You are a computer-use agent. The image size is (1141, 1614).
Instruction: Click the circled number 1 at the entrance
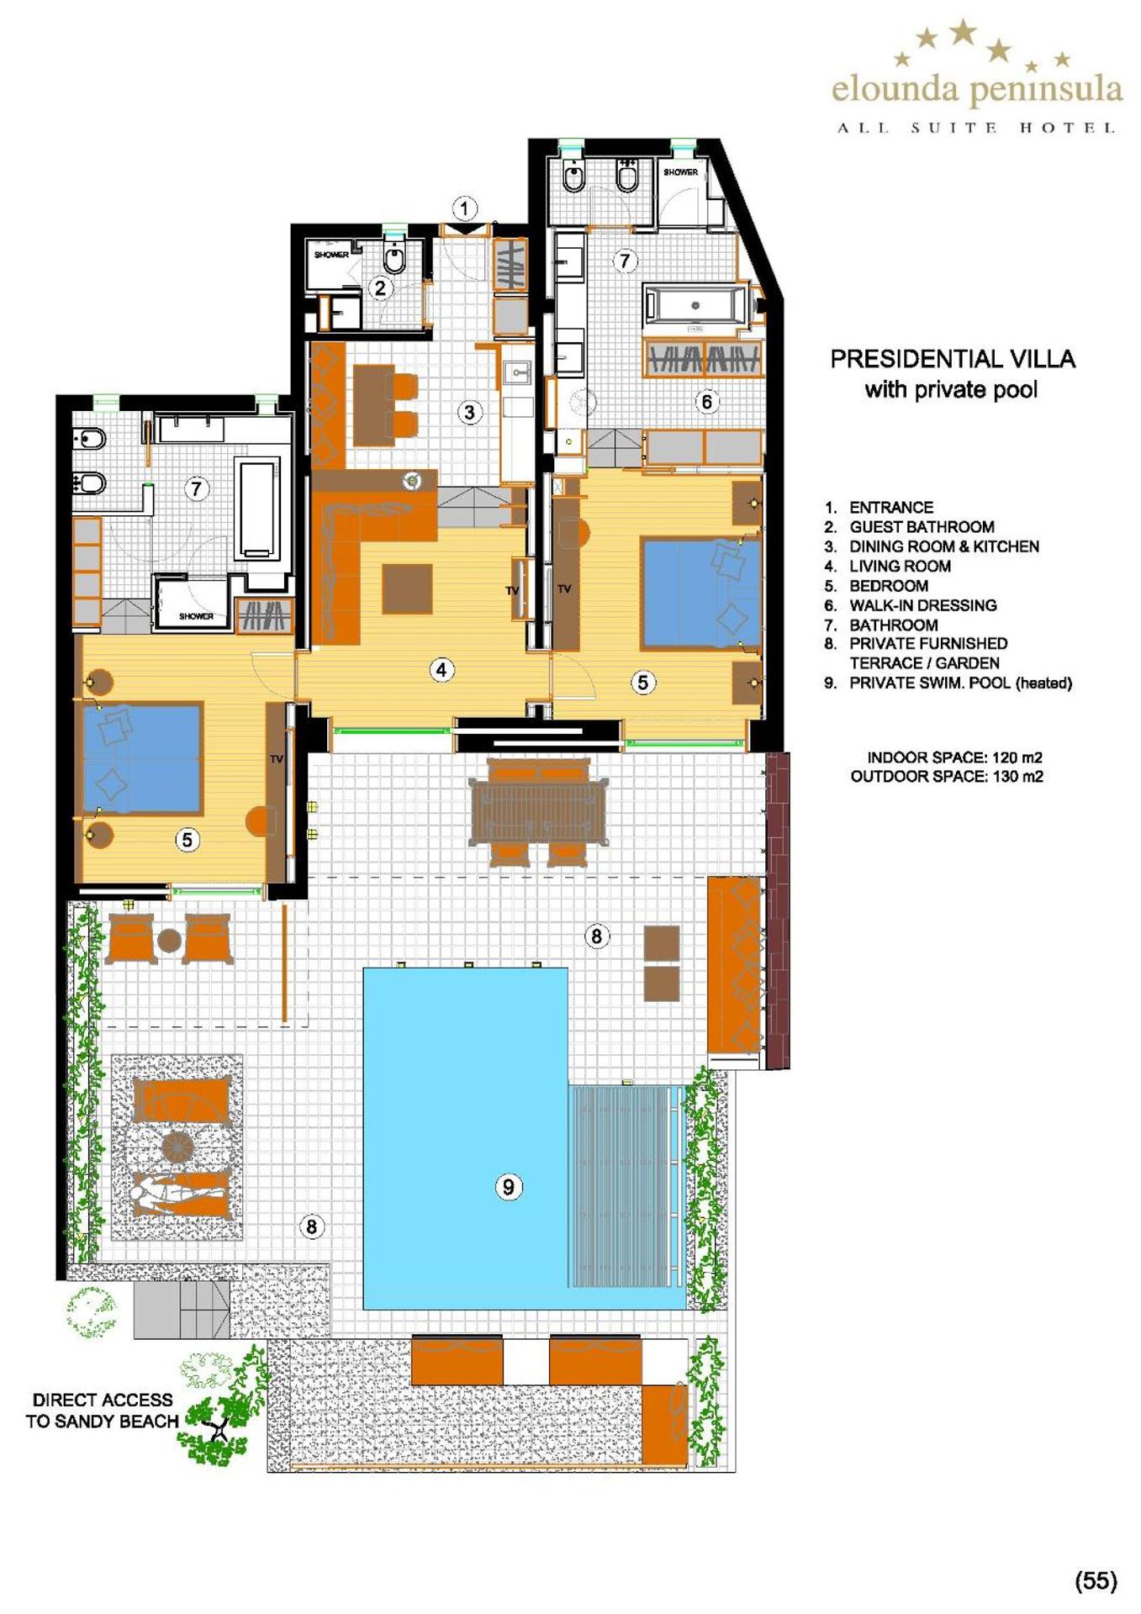(x=465, y=208)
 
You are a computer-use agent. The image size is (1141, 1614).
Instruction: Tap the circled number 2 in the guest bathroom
(x=380, y=288)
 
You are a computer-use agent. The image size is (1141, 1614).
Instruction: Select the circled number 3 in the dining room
(x=469, y=412)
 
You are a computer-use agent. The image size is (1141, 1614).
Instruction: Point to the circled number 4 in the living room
(x=441, y=670)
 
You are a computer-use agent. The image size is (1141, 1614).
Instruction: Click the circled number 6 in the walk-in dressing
(x=707, y=402)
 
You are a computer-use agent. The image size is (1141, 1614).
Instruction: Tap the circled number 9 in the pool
(x=508, y=1187)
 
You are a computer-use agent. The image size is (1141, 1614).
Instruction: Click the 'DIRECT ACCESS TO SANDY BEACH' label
(x=103, y=1411)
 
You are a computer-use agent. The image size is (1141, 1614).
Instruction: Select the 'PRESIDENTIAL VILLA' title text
(x=953, y=359)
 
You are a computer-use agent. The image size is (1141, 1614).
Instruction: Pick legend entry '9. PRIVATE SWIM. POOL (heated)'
(x=948, y=683)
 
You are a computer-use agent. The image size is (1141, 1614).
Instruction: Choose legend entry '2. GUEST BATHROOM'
(x=910, y=527)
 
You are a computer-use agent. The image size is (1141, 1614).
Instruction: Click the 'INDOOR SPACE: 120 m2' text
(x=954, y=757)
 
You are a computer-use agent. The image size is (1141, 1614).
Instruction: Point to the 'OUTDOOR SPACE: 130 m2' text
(x=947, y=777)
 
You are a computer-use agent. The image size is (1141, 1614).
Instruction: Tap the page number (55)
(x=1096, y=1581)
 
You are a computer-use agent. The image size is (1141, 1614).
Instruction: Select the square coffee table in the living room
(x=408, y=588)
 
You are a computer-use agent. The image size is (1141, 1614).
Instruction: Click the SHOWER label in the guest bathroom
(x=331, y=255)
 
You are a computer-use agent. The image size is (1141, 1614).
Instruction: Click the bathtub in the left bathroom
(x=256, y=509)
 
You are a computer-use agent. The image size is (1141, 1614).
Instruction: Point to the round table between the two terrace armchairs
(x=170, y=940)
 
